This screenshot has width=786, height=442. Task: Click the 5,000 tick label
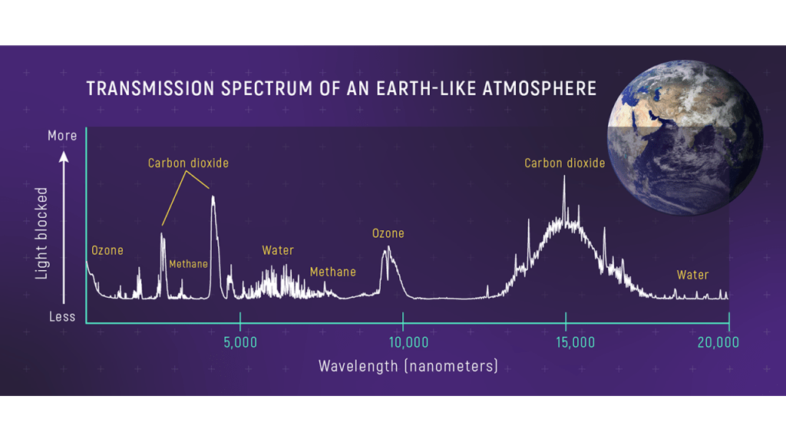[x=240, y=342]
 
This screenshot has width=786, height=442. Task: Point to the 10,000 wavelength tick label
[x=403, y=342]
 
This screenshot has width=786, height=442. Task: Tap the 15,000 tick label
[x=566, y=342]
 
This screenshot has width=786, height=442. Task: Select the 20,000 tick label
[x=718, y=342]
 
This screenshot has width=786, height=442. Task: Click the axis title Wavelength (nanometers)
[x=408, y=366]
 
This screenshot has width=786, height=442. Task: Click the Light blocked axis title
[x=42, y=231]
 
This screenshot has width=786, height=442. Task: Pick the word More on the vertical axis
[x=62, y=136]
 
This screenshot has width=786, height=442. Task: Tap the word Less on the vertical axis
[x=62, y=316]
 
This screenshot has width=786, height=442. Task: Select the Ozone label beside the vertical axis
[x=107, y=250]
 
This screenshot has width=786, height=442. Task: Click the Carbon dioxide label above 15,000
[x=565, y=163]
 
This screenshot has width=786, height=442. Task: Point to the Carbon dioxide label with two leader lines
[x=188, y=163]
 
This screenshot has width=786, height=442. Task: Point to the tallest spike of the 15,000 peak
[x=564, y=178]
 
